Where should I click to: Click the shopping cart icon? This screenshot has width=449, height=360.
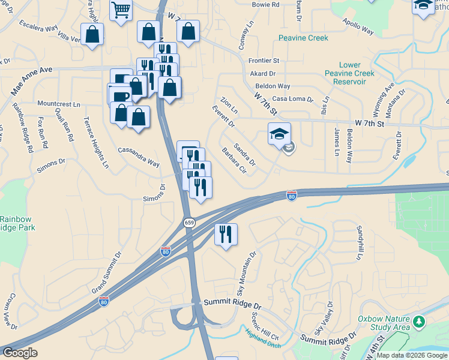[x=121, y=10]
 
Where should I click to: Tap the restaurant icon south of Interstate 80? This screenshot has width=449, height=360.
[x=226, y=234]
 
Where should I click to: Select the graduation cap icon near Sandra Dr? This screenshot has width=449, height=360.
[x=279, y=133]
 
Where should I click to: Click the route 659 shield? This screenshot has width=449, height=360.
[x=189, y=223]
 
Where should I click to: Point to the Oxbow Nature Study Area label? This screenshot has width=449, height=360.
[x=384, y=323]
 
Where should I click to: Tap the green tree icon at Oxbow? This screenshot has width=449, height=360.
[x=419, y=323]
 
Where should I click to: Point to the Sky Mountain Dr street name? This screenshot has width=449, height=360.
[x=246, y=274]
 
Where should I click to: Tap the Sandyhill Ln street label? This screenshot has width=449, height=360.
[x=360, y=243]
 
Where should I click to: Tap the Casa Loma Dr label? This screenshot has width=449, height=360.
[x=293, y=99]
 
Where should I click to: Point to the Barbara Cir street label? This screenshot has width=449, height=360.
[x=234, y=161]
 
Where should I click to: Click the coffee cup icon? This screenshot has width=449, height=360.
[x=120, y=96]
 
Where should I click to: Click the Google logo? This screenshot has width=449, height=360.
[x=20, y=353]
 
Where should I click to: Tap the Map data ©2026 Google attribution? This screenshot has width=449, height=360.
[x=412, y=355]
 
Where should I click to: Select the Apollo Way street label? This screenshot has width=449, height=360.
[x=358, y=27]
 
